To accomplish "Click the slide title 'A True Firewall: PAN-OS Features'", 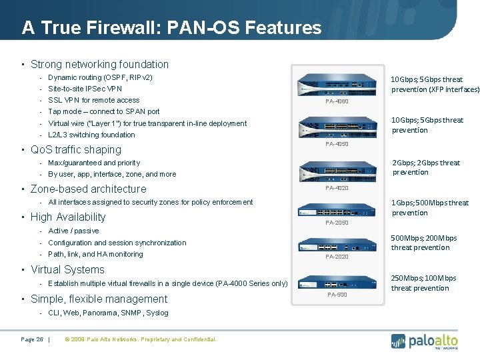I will click(x=171, y=27).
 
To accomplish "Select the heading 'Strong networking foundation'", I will click(x=99, y=65).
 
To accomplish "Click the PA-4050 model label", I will click(x=337, y=144).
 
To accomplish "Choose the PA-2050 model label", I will click(x=337, y=222).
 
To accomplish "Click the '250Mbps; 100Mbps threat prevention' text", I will click(x=423, y=283).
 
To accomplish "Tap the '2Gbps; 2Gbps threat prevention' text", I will click(x=426, y=167).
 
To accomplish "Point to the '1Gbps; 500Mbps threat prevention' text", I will click(x=429, y=207).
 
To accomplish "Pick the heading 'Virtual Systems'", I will click(x=67, y=270).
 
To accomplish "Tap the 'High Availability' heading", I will click(x=68, y=217).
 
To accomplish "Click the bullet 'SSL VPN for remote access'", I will click(x=93, y=100).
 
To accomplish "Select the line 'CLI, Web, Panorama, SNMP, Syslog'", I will click(x=108, y=313).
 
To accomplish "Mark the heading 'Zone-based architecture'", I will click(x=88, y=189).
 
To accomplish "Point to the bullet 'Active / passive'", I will click(x=73, y=231).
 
